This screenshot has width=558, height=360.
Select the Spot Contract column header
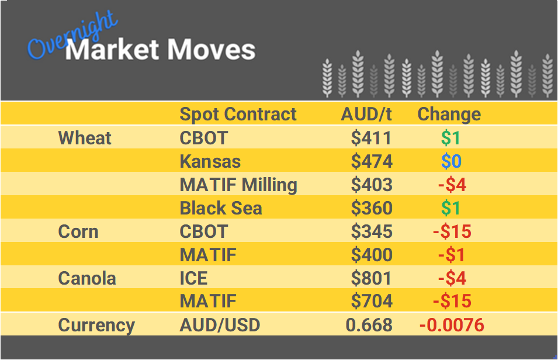click(238, 114)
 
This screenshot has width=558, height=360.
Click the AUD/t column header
click(366, 114)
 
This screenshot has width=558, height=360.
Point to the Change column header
click(449, 114)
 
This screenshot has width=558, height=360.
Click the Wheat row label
click(85, 138)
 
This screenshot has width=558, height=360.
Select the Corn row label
click(78, 231)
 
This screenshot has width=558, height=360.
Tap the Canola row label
click(87, 278)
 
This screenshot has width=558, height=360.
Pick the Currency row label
click(96, 325)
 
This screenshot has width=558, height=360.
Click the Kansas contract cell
click(210, 161)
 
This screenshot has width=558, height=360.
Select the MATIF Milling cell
click(238, 185)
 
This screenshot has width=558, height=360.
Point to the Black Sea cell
click(221, 208)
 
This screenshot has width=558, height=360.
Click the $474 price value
click(372, 161)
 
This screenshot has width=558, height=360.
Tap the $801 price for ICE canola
click(372, 278)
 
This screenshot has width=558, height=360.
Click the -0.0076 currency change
click(452, 325)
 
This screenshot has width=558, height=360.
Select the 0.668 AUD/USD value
click(369, 325)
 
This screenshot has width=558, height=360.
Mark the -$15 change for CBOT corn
click(452, 231)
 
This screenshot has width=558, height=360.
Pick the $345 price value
click(372, 231)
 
